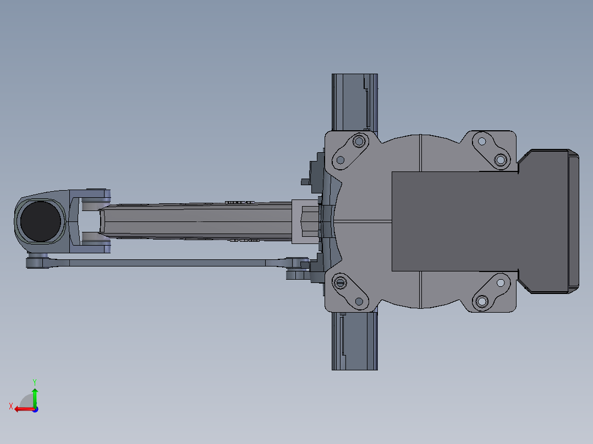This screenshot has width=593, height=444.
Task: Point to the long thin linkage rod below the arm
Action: click(x=165, y=263)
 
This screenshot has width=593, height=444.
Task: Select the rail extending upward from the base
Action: click(x=354, y=102)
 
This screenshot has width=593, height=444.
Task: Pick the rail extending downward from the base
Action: click(x=354, y=341)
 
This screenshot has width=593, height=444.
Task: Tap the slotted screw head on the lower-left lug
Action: click(x=341, y=283)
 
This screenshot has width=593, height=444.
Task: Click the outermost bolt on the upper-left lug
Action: click(x=360, y=142)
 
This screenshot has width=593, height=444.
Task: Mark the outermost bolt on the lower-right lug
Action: click(x=482, y=301)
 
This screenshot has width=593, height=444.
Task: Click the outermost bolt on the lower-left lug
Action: click(x=360, y=301)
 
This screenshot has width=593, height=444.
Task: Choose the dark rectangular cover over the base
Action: click(x=454, y=221)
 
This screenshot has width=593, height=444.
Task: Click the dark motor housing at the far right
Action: click(x=550, y=221)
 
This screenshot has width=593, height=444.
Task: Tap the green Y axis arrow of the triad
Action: click(x=35, y=396)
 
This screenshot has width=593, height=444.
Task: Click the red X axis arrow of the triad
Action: click(x=22, y=409)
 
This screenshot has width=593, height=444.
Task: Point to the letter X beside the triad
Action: click(x=11, y=406)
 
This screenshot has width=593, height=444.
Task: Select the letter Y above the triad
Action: click(x=34, y=381)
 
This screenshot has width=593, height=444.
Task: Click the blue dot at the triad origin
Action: click(x=35, y=409)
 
